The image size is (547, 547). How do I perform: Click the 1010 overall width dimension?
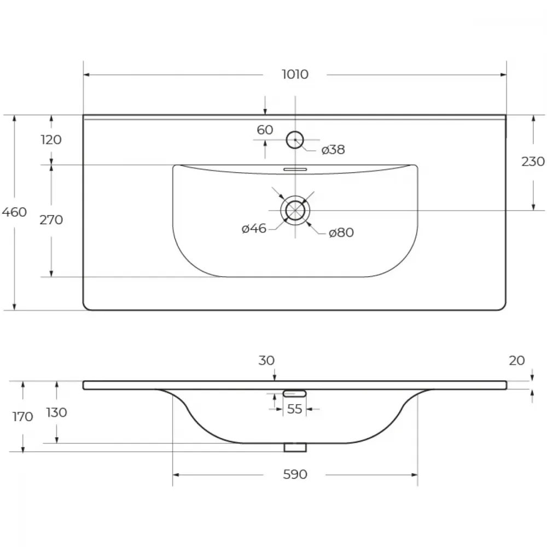click(x=295, y=74)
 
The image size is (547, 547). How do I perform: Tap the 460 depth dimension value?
click(x=14, y=212)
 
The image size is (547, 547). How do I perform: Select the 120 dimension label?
click(x=51, y=139)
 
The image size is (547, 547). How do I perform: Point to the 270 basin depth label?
click(x=51, y=220)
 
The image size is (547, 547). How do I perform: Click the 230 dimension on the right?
click(x=533, y=161)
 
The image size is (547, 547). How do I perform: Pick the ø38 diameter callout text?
click(x=333, y=150)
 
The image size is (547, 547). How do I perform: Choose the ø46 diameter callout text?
click(x=254, y=229)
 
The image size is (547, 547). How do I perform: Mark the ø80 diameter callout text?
click(x=341, y=232)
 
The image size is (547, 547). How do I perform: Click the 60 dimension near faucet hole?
click(x=265, y=130)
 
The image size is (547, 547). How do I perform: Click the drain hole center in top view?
click(x=295, y=211)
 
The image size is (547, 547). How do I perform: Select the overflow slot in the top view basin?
click(x=295, y=170)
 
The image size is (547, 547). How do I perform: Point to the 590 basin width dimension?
click(x=295, y=474)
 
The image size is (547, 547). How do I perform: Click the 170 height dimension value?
click(x=22, y=416)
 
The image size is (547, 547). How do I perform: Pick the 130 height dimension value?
click(x=56, y=412)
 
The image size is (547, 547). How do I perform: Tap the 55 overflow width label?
click(x=294, y=409)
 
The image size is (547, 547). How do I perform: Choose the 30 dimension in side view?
click(x=266, y=360)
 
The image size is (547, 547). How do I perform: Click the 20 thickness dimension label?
click(x=517, y=360)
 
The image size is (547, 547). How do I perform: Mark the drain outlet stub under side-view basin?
click(x=295, y=447)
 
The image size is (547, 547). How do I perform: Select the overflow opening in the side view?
click(x=295, y=393)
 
